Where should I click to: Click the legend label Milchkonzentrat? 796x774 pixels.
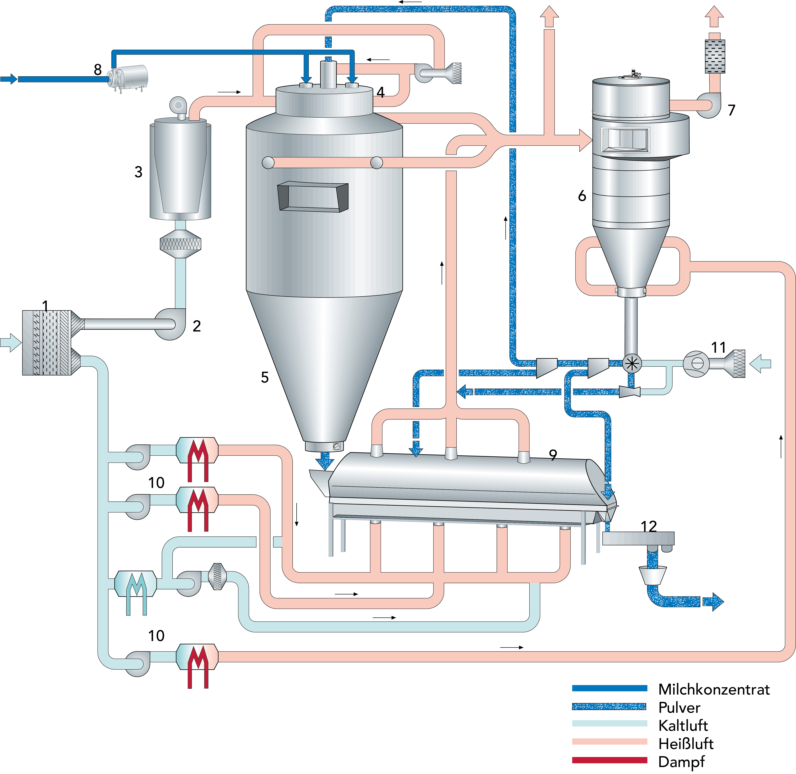tap(714, 689)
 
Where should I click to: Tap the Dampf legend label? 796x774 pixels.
tap(681, 761)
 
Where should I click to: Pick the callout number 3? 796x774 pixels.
tap(138, 172)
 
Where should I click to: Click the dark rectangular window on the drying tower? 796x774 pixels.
tap(313, 197)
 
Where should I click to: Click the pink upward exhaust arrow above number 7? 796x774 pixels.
tap(714, 17)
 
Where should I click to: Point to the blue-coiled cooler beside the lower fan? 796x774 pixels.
tap(136, 584)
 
